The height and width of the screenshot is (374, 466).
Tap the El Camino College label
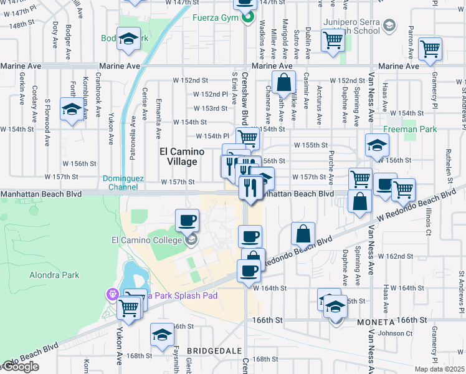(146, 240)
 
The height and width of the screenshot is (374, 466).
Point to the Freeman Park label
(411, 130)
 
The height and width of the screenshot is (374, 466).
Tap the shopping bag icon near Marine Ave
(283, 82)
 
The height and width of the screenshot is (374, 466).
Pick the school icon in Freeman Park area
(377, 145)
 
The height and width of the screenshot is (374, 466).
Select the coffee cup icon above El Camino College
(188, 220)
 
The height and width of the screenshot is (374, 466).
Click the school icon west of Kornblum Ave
(72, 109)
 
